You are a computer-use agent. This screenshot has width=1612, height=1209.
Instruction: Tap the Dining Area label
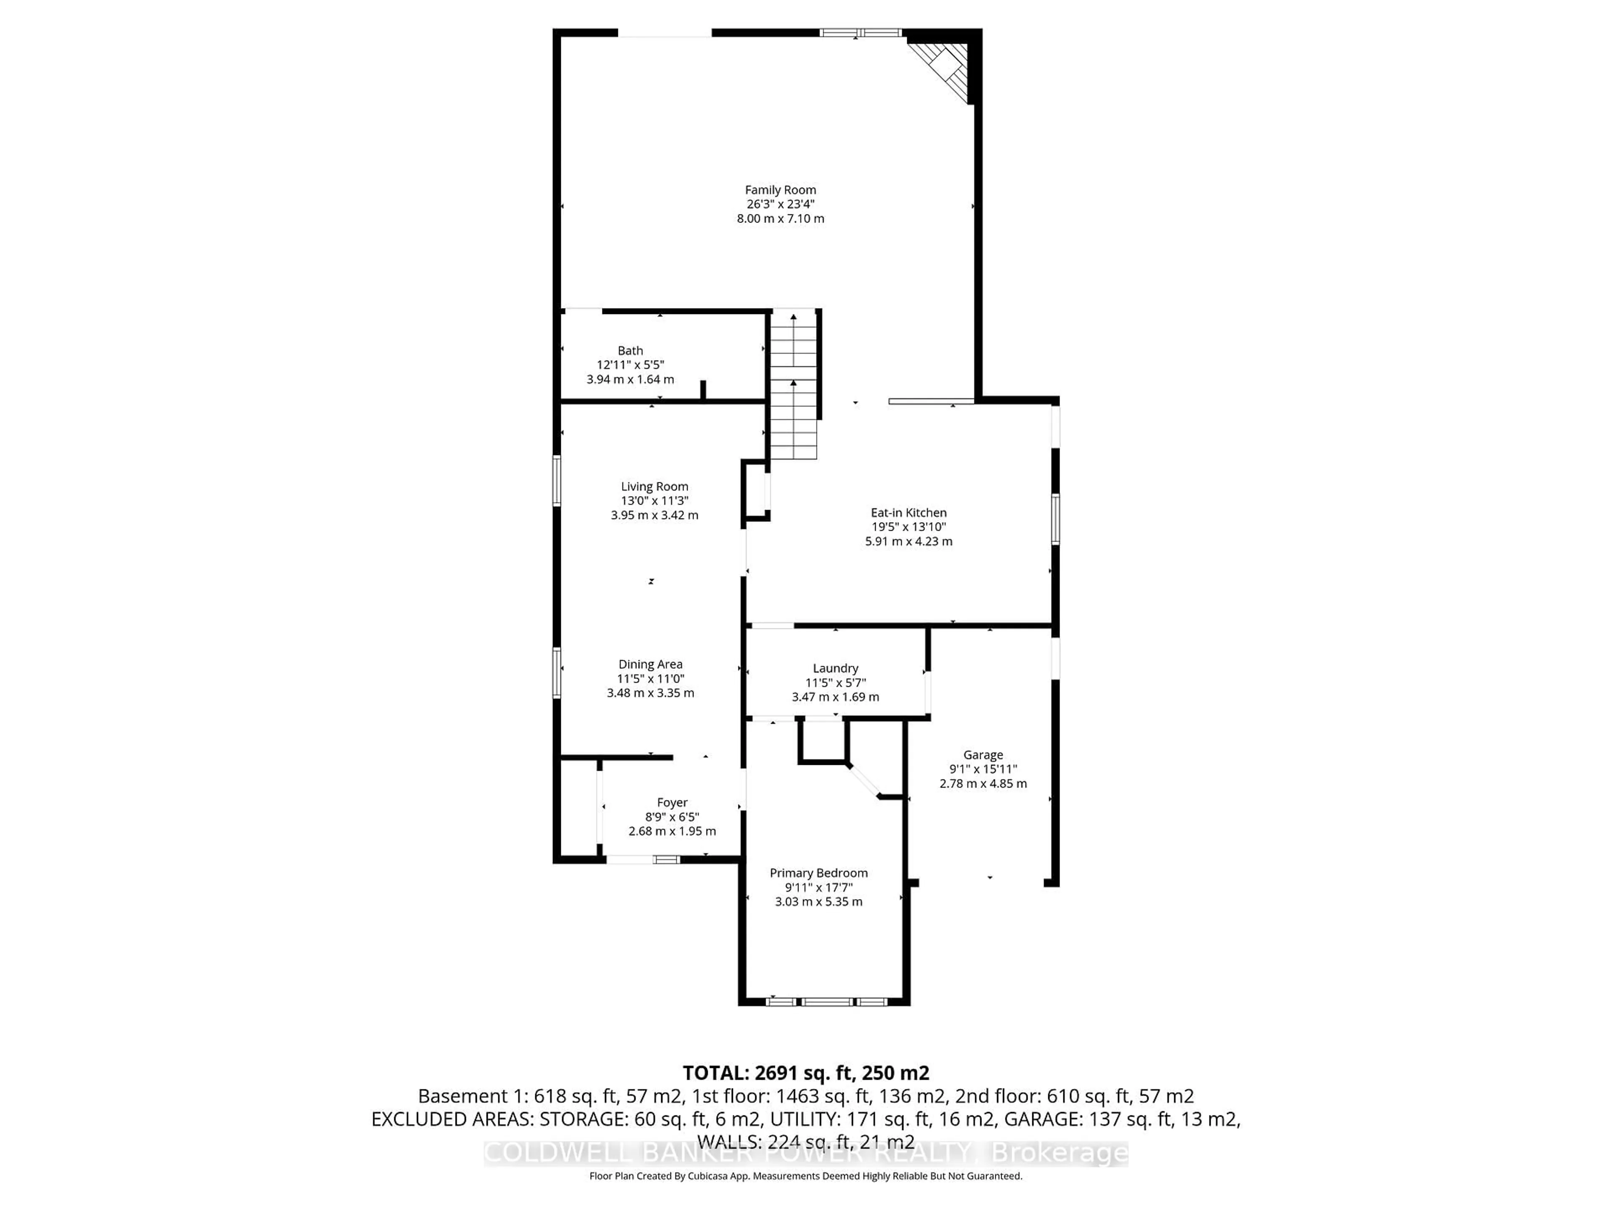650,664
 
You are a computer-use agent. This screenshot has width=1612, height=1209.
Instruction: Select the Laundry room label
835,668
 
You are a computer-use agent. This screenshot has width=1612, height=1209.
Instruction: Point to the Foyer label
672,802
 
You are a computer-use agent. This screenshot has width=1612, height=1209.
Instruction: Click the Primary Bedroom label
819,873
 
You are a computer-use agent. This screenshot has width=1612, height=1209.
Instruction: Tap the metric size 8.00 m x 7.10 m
780,219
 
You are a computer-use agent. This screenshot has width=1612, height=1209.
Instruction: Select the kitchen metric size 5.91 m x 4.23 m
908,542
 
